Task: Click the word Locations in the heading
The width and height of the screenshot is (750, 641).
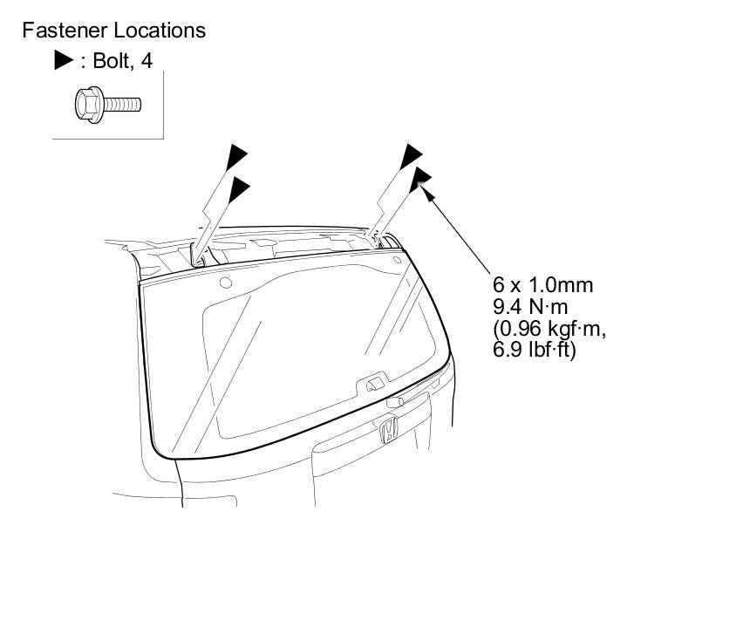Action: (x=157, y=31)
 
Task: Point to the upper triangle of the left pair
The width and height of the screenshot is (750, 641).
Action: (x=236, y=157)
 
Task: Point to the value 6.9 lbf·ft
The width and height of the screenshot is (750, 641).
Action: (x=534, y=350)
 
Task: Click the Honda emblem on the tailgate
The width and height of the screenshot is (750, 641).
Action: (x=389, y=430)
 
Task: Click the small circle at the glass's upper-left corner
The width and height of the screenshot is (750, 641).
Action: (x=225, y=283)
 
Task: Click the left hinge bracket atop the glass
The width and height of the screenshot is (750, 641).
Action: (x=200, y=256)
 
